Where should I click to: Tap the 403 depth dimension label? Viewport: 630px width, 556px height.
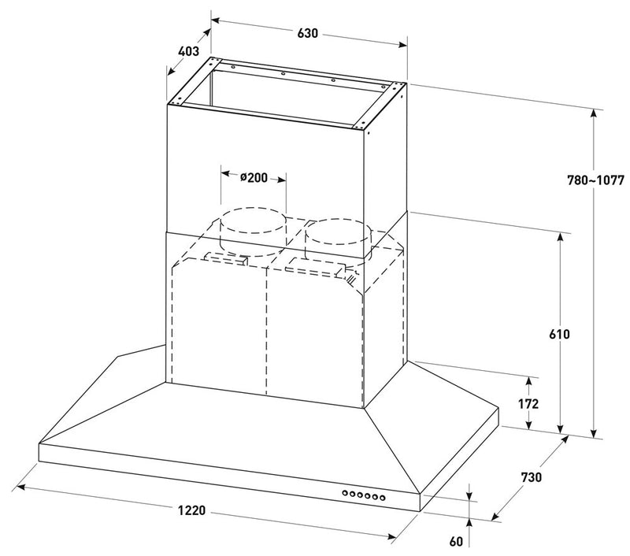click(188, 53)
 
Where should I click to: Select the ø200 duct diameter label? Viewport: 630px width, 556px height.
click(254, 178)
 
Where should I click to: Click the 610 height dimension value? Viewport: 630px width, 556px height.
click(560, 333)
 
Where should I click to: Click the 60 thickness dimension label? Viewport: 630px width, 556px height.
click(457, 541)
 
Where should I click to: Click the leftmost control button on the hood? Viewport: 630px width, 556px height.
click(345, 495)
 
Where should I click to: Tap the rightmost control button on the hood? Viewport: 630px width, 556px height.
click(384, 497)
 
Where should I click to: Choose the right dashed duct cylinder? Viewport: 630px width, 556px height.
click(336, 232)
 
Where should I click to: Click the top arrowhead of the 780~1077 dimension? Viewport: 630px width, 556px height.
click(594, 112)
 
